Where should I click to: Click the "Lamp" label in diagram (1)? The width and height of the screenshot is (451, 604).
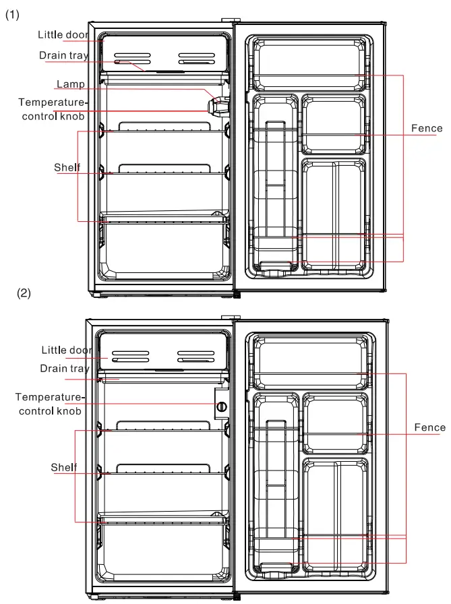(x=71, y=84)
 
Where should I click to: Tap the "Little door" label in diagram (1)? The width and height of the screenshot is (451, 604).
(x=63, y=34)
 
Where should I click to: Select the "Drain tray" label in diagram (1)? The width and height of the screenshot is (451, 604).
(x=63, y=55)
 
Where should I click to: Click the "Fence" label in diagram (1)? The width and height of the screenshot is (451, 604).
(x=427, y=128)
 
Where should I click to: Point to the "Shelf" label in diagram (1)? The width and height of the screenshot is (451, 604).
(x=67, y=167)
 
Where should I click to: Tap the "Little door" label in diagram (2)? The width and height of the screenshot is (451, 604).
(x=67, y=350)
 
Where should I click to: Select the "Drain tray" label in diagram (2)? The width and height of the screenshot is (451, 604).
(x=64, y=369)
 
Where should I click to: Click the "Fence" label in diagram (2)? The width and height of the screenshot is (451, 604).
(x=429, y=427)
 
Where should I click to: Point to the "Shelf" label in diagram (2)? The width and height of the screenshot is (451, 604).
(x=64, y=467)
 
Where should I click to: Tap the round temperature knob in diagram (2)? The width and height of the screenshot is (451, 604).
(x=220, y=406)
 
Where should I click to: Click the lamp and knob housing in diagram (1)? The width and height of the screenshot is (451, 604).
(x=218, y=105)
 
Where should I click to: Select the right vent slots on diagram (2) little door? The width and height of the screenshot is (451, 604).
(x=196, y=357)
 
